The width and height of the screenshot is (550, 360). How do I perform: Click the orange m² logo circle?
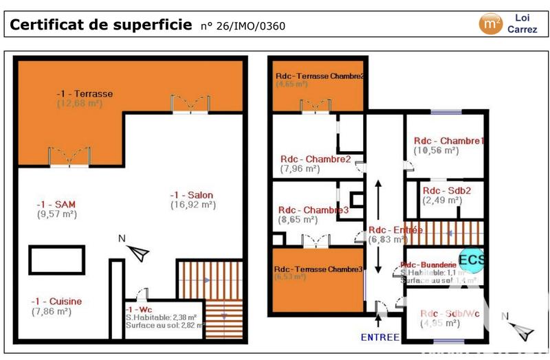(x=489, y=23)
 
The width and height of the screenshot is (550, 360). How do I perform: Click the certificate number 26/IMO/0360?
(x=242, y=27)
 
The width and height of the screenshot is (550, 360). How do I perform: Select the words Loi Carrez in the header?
(x=522, y=23)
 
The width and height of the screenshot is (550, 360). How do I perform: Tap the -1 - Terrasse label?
(x=85, y=93)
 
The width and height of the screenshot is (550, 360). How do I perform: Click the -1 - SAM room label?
(x=56, y=204)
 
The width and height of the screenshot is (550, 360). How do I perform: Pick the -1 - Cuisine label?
(x=56, y=301)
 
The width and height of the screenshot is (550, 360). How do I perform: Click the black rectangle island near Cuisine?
(x=56, y=260)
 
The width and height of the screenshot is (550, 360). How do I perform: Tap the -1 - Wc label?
(x=142, y=310)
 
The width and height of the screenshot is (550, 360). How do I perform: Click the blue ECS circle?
(x=472, y=260)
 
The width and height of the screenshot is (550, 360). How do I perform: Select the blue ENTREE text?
(x=380, y=337)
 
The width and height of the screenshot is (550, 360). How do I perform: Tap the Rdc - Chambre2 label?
(x=316, y=159)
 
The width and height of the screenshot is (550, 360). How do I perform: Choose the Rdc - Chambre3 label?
(x=313, y=210)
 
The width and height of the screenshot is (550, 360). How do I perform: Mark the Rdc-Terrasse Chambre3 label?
(x=318, y=269)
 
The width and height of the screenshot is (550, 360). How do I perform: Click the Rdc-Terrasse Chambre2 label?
(x=320, y=76)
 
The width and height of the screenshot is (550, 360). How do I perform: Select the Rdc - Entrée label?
(x=395, y=230)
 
